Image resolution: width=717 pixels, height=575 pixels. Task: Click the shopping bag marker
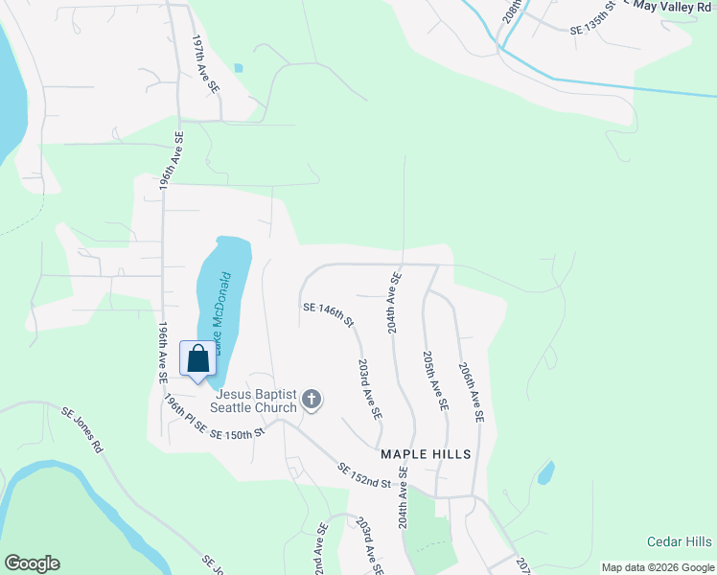[x=197, y=360]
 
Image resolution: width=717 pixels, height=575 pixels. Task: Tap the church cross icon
[x=312, y=399]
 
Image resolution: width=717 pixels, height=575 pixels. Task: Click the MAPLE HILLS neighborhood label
[x=426, y=453]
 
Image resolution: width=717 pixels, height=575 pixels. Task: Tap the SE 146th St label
[x=329, y=313]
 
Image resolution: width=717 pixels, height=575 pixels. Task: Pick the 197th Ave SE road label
[x=206, y=64]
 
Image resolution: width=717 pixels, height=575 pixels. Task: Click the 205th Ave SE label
[x=435, y=379]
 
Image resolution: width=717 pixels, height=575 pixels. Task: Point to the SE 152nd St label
[x=365, y=476]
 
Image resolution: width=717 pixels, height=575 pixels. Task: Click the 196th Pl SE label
[x=185, y=414]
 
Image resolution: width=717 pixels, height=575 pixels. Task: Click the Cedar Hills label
[x=679, y=541]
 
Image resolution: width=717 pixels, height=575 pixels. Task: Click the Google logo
[x=31, y=563]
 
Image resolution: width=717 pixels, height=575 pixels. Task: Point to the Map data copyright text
[x=658, y=567]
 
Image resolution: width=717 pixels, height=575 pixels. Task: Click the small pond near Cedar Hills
[x=545, y=472]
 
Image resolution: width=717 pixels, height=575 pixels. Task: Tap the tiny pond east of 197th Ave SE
[x=238, y=68]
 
